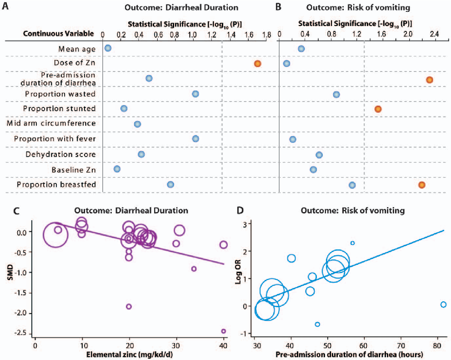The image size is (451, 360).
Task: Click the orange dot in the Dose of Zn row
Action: point(257,64)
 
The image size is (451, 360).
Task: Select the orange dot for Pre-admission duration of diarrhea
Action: point(429,80)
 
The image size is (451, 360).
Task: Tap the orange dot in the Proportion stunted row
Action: point(378,109)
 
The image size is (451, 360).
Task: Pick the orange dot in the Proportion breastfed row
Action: point(421,185)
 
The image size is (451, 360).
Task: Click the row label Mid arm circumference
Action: point(51,123)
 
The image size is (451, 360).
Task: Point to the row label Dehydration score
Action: point(60,154)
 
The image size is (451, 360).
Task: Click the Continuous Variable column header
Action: point(58,34)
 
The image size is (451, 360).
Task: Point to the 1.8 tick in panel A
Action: point(267,34)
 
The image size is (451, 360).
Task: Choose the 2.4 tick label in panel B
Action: point(434,34)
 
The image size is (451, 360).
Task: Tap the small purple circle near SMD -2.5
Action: point(223,331)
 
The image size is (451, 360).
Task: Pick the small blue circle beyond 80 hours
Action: point(444,304)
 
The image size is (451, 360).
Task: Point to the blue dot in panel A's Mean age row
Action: point(108,48)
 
